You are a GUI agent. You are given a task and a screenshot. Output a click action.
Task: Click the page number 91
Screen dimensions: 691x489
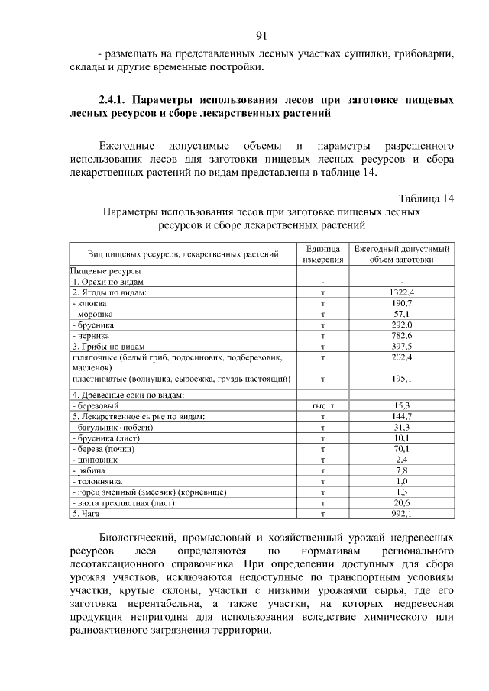click(x=261, y=35)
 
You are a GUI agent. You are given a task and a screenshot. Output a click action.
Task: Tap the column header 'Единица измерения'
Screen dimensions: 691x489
click(x=324, y=254)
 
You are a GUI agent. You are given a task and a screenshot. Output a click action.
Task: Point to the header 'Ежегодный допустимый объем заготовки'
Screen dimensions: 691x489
click(x=401, y=254)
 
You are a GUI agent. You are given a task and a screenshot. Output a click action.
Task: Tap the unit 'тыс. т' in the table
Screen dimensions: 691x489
click(x=324, y=405)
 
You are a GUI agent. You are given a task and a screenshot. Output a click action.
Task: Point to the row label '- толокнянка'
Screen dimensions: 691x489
click(x=97, y=482)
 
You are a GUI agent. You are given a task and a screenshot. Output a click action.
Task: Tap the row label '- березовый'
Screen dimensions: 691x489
click(x=94, y=405)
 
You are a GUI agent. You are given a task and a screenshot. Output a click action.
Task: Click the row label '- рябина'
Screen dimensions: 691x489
click(x=88, y=471)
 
